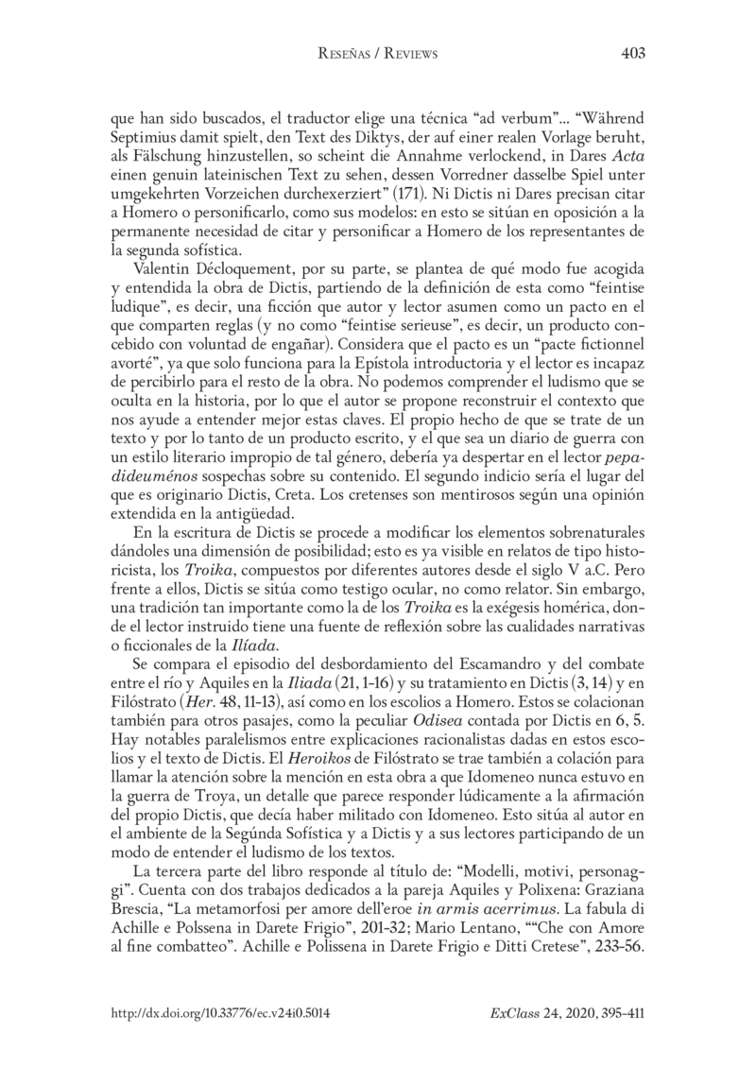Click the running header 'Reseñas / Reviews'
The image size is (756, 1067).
click(x=378, y=55)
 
